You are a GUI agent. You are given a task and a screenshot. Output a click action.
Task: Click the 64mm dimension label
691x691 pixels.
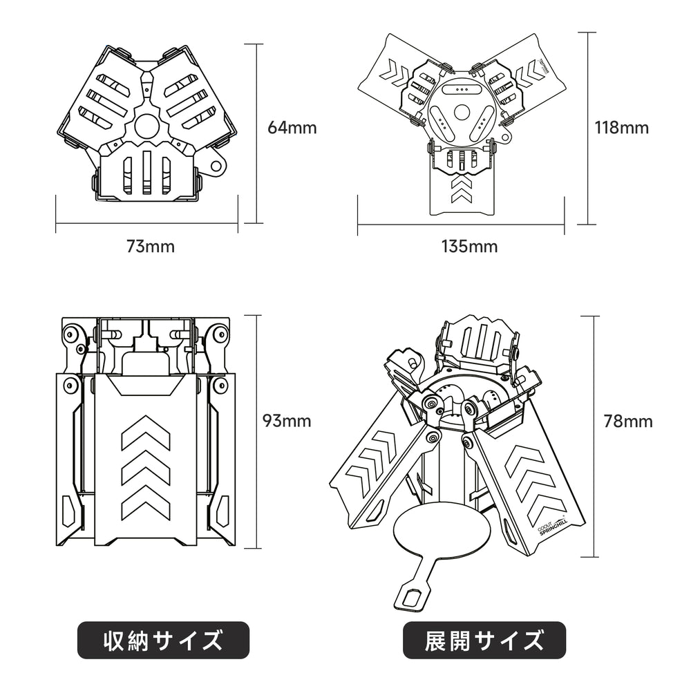[x=292, y=127]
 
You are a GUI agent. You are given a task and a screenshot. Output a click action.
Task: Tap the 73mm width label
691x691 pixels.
[x=150, y=246]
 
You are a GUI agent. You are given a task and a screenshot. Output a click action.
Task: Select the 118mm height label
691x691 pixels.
[x=622, y=127]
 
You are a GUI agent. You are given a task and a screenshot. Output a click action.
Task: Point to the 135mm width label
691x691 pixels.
[x=469, y=246]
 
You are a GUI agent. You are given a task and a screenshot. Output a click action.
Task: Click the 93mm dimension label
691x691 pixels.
[x=287, y=420]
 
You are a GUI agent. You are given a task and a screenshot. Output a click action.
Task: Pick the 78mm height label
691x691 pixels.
[x=627, y=420]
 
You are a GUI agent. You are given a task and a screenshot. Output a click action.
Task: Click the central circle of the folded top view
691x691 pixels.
[x=146, y=126]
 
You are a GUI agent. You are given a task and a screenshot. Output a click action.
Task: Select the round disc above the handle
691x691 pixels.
[x=443, y=532]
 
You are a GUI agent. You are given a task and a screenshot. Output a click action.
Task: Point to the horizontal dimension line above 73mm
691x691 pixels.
[x=146, y=223]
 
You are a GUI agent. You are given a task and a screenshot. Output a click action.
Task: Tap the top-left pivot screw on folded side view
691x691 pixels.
[x=70, y=335]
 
